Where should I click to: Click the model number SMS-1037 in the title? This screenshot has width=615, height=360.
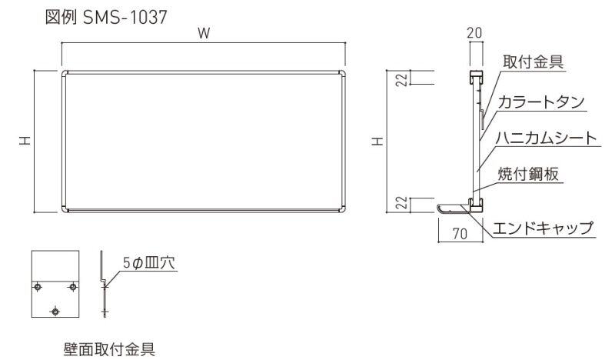click(x=125, y=17)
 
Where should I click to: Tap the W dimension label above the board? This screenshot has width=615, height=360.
click(x=204, y=33)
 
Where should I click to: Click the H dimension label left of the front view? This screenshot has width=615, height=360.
click(x=25, y=141)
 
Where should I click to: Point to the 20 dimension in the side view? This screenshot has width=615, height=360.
click(x=474, y=32)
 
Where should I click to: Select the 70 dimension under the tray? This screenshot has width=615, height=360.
click(x=460, y=234)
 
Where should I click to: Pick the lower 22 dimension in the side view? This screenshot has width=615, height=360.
click(x=401, y=204)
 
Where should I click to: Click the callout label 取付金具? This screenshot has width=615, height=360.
click(x=533, y=62)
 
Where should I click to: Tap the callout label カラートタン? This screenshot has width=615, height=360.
click(x=541, y=102)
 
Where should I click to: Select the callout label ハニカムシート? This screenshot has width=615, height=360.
click(x=547, y=138)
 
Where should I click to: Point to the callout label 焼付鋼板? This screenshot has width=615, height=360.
click(x=528, y=174)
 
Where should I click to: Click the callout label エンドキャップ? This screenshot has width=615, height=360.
click(x=543, y=228)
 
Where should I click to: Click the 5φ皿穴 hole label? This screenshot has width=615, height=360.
click(x=149, y=262)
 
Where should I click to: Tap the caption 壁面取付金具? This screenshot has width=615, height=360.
click(x=109, y=349)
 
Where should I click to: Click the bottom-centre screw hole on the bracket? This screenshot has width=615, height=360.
click(x=55, y=312)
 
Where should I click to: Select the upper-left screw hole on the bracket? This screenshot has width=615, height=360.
click(x=38, y=287)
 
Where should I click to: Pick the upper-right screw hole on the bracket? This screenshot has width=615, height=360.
click(x=72, y=287)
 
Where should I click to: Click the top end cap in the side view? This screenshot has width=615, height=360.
click(x=476, y=76)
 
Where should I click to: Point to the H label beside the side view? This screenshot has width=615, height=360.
click(x=377, y=141)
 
